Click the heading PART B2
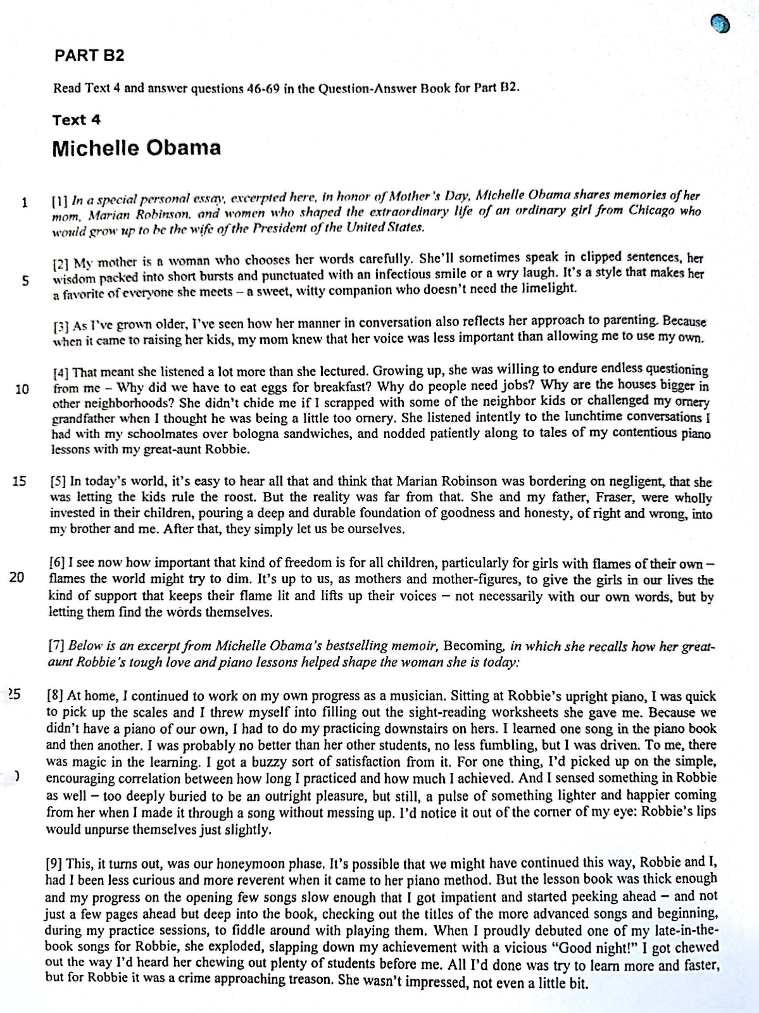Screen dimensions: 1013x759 (x=89, y=56)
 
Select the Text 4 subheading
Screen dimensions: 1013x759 (x=76, y=120)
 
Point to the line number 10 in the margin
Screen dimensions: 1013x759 (x=22, y=389)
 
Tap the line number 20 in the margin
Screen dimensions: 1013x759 (x=17, y=577)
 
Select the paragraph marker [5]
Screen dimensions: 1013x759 (x=58, y=481)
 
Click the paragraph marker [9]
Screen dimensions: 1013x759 (x=54, y=864)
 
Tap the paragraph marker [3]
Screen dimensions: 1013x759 (x=61, y=327)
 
